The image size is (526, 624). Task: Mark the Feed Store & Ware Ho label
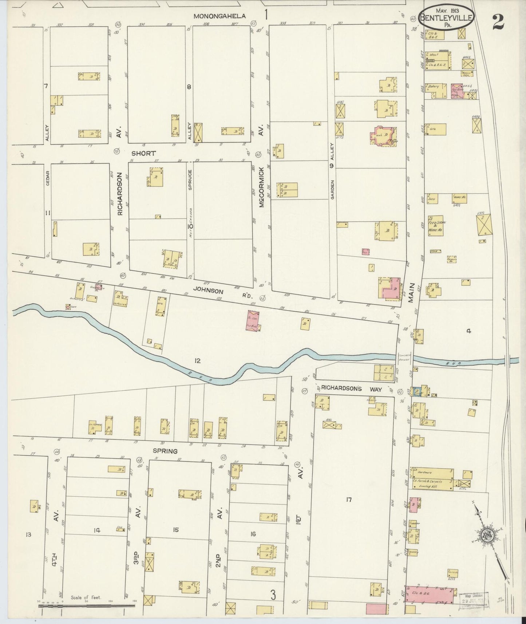click(x=437, y=226)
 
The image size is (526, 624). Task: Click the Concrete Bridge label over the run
click(x=405, y=358)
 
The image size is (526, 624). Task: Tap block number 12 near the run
click(x=197, y=361)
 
